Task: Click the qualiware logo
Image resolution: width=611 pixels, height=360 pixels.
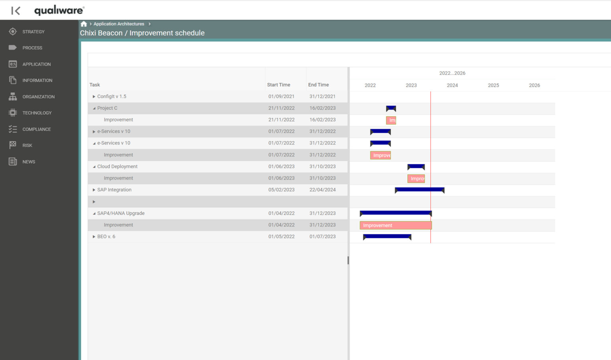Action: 59,10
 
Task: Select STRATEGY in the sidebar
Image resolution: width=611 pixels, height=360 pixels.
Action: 33,32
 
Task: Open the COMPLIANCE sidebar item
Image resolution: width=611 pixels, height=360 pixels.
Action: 36,129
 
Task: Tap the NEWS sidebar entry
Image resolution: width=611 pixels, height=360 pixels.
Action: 29,162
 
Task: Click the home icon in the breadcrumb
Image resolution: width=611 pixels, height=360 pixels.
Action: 84,24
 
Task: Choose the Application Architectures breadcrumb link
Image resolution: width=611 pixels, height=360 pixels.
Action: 119,24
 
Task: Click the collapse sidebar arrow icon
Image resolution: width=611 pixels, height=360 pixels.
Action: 16,11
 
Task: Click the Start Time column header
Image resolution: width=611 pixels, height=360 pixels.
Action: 278,85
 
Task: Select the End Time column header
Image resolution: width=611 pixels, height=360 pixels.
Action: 318,85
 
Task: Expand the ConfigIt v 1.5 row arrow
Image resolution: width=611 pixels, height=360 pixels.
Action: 94,97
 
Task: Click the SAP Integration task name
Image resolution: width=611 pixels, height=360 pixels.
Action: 114,190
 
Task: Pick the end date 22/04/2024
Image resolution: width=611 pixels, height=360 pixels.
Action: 322,190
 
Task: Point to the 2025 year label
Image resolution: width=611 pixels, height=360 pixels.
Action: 493,85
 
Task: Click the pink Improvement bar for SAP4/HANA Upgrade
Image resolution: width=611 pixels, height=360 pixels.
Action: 395,226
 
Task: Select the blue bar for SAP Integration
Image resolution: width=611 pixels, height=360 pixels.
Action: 419,190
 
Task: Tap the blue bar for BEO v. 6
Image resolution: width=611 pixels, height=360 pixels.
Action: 387,236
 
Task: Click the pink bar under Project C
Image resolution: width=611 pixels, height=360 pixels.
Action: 391,120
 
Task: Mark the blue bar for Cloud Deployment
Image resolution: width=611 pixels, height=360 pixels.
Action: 416,166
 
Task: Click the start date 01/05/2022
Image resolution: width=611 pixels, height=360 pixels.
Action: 281,237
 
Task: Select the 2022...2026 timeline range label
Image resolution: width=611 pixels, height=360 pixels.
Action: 452,73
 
